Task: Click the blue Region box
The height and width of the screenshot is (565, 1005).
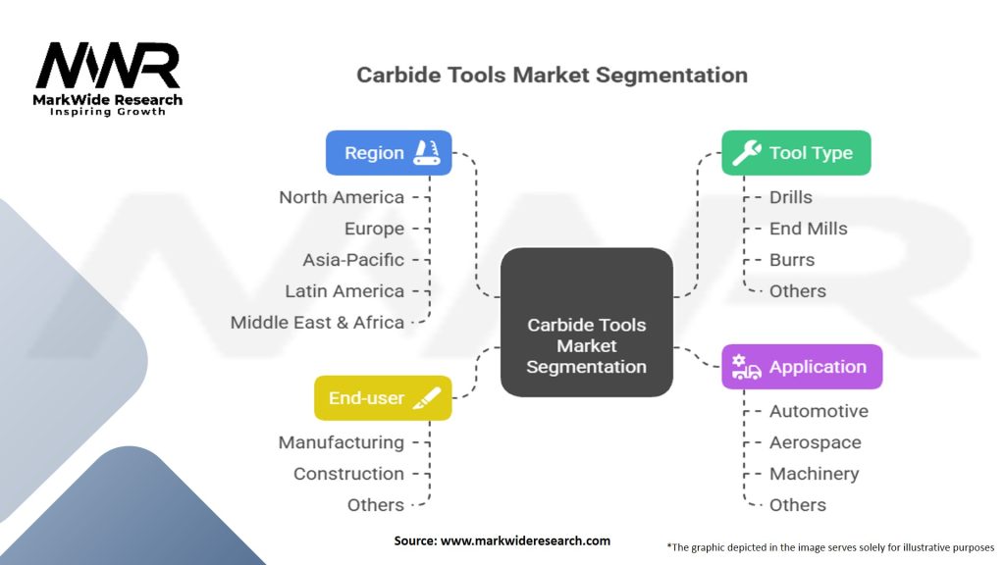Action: [x=389, y=153]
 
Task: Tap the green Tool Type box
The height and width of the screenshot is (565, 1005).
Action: [x=796, y=153]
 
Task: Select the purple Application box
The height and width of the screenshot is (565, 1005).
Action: [x=802, y=367]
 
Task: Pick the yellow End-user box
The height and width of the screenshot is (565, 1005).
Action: [x=383, y=398]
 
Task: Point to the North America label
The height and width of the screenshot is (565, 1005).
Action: [x=342, y=197]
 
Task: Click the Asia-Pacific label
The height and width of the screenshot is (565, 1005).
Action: [x=353, y=260]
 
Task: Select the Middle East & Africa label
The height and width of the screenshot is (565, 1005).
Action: [x=317, y=323]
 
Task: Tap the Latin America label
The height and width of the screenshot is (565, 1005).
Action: [x=344, y=291]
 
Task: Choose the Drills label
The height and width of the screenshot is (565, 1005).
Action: [x=790, y=197]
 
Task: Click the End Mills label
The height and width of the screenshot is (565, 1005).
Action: [x=808, y=229]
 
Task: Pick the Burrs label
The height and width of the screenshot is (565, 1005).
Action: [x=792, y=260]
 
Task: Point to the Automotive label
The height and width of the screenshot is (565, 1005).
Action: [x=819, y=411]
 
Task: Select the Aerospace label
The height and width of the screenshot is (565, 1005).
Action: [x=815, y=442]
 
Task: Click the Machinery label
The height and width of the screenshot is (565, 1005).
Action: [x=814, y=474]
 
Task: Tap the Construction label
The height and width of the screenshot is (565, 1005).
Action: [x=348, y=474]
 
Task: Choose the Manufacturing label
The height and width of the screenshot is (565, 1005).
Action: [x=341, y=442]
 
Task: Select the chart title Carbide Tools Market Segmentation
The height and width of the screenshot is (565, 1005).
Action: [x=552, y=75]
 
